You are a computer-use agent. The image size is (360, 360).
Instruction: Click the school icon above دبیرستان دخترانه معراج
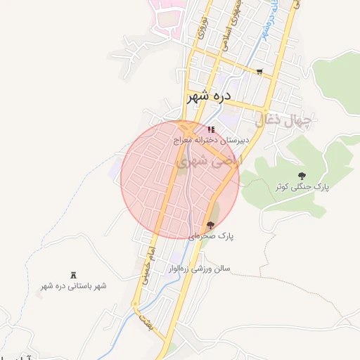pyautogui.click(x=211, y=130)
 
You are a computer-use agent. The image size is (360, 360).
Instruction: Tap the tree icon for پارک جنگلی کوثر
pyautogui.click(x=302, y=176)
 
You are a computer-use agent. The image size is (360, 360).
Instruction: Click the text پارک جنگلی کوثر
pyautogui.click(x=302, y=187)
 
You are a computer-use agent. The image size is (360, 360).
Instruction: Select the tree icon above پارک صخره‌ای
pyautogui.click(x=210, y=225)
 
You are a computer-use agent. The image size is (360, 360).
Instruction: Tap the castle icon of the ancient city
pyautogui.click(x=73, y=274)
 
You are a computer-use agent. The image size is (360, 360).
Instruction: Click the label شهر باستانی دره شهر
pyautogui.click(x=73, y=286)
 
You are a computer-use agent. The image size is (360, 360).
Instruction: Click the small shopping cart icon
pyautogui.click(x=259, y=72)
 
